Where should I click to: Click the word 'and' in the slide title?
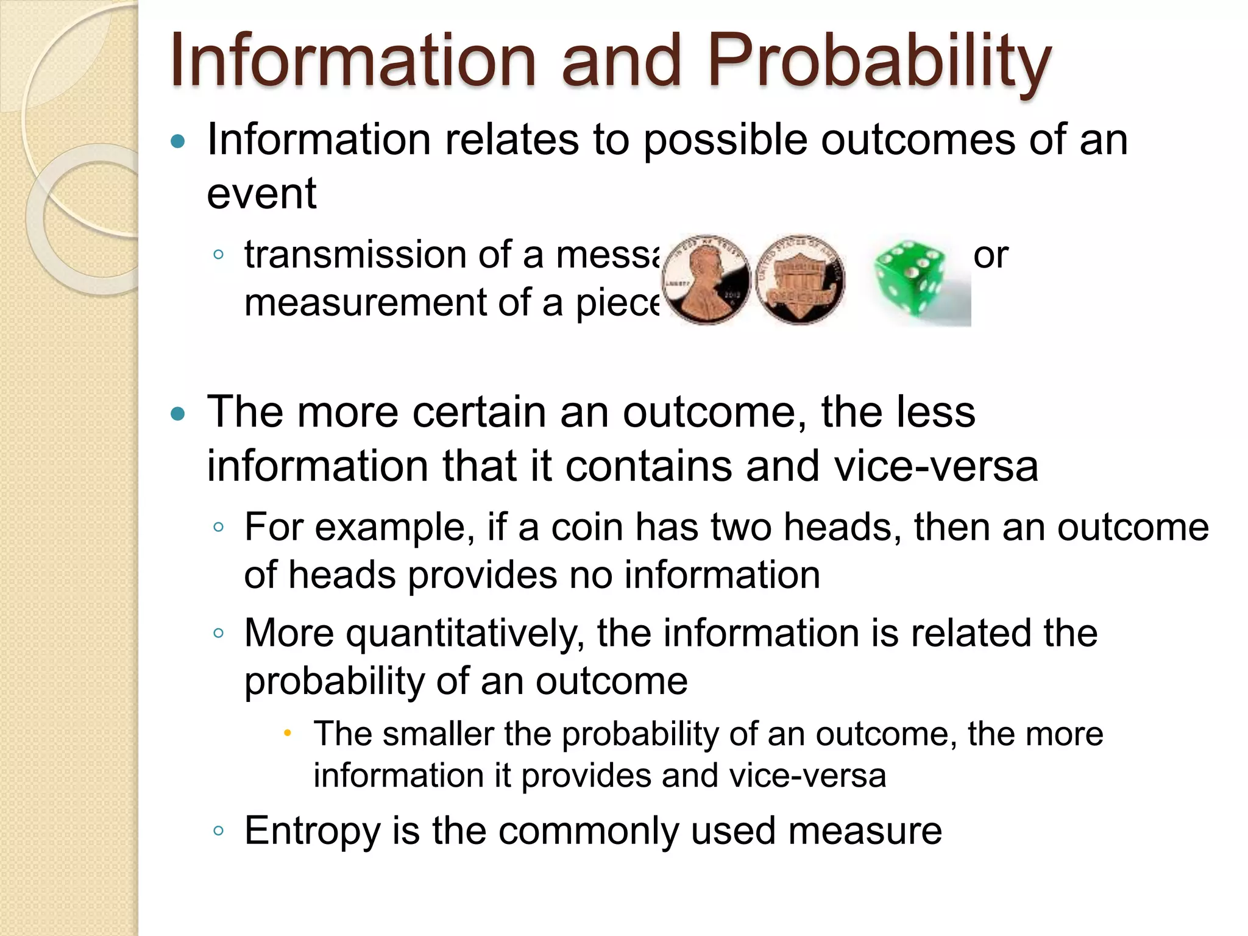point(620,61)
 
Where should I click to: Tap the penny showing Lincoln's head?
point(706,279)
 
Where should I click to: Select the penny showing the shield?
point(799,279)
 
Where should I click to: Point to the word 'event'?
point(261,194)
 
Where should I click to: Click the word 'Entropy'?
point(313,831)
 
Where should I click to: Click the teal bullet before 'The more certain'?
point(177,415)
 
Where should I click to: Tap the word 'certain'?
point(480,413)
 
